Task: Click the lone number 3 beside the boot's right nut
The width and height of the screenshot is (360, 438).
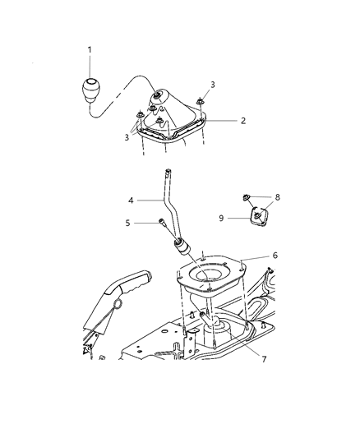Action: click(x=212, y=85)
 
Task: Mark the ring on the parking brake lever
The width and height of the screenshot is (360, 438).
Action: click(x=118, y=306)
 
